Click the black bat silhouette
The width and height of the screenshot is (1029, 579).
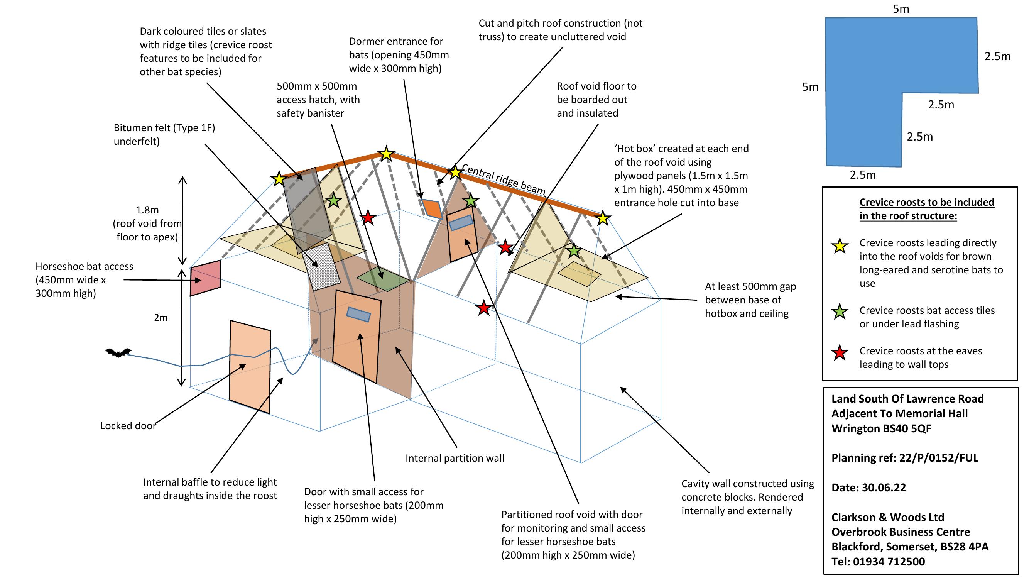[x=118, y=352]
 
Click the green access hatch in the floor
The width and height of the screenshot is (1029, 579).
[x=383, y=278]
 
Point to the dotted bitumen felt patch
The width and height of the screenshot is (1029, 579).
[x=321, y=266]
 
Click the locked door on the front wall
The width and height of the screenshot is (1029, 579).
[x=250, y=366]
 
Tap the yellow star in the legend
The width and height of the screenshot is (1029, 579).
[x=840, y=246]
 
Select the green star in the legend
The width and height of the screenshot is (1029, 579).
[x=840, y=311]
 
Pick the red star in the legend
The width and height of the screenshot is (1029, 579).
[x=840, y=352]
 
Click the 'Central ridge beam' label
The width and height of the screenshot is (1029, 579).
[x=504, y=179]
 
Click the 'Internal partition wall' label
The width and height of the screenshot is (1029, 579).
[x=455, y=458]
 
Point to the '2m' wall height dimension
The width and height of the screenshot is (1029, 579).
[x=161, y=318]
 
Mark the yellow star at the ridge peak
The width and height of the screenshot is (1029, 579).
[x=386, y=154]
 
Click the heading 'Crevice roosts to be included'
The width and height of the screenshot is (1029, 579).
[x=927, y=203]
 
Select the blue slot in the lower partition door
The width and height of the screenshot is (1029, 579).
[x=358, y=315]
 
